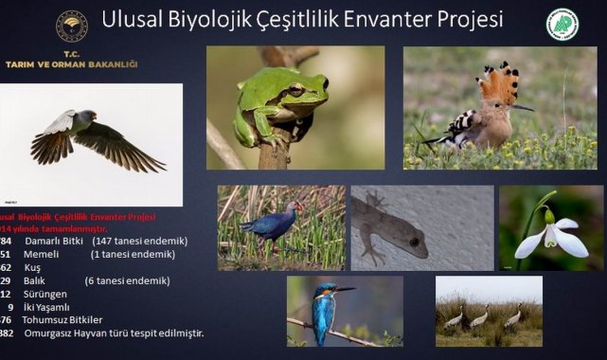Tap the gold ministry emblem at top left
tap(71, 27)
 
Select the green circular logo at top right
tap(562, 25)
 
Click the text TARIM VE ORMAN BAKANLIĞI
tap(71, 63)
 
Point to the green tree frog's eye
tap(295, 90)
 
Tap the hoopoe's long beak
tap(521, 107)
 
